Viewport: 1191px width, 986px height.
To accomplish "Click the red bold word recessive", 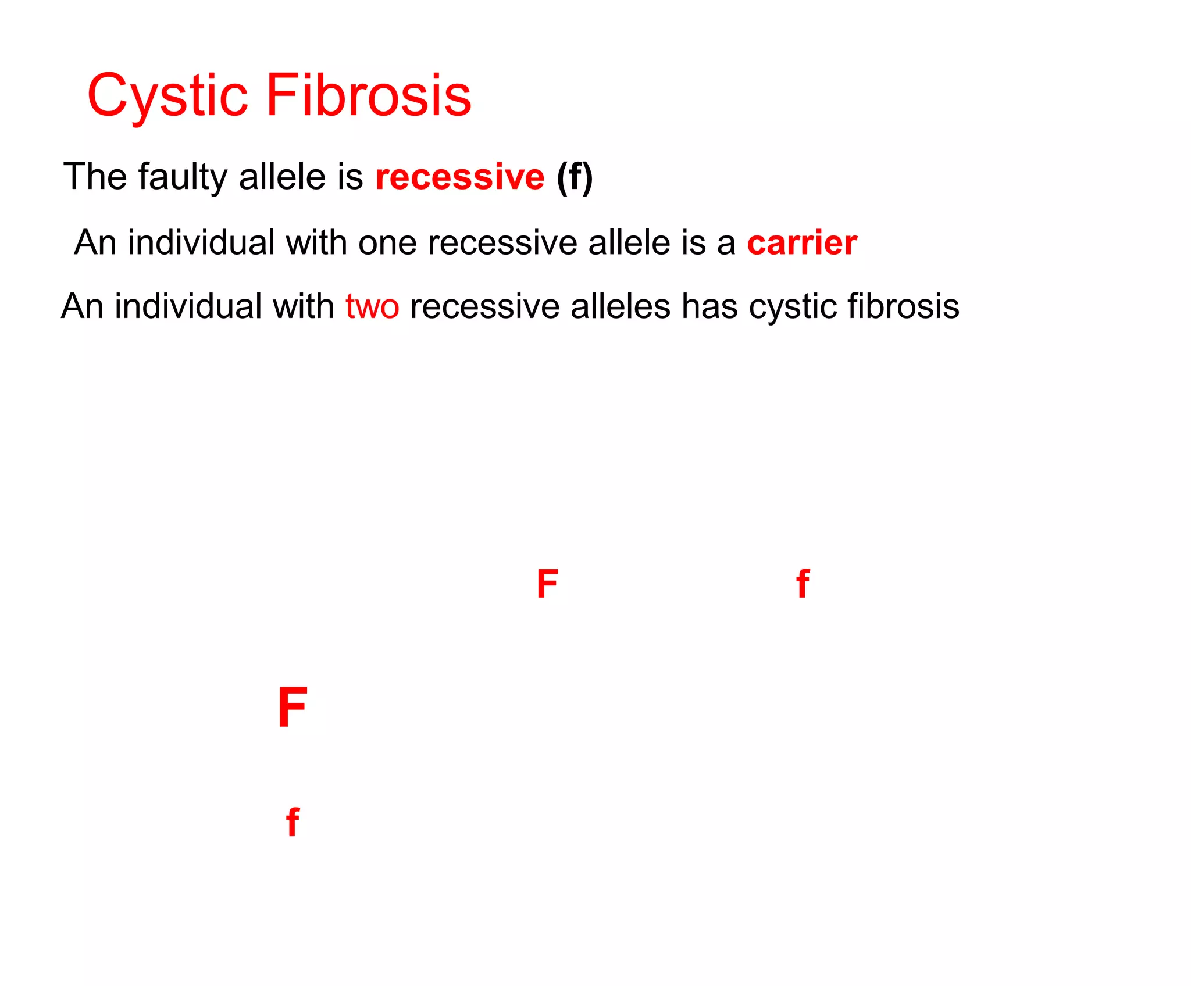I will [x=460, y=177].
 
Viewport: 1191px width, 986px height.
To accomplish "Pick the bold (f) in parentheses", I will [x=575, y=177].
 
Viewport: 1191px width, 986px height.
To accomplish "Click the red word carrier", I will [x=802, y=243].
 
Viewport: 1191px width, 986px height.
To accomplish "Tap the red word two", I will [x=372, y=307].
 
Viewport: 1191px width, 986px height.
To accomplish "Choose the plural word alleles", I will [x=621, y=306].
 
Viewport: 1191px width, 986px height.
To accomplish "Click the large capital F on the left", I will [x=293, y=708].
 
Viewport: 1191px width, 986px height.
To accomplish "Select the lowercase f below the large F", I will [x=293, y=822].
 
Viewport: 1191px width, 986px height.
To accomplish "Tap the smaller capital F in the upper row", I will [x=547, y=584].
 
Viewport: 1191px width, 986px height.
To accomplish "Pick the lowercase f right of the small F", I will [x=803, y=584].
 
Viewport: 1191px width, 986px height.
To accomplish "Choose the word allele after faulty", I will [x=283, y=177].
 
